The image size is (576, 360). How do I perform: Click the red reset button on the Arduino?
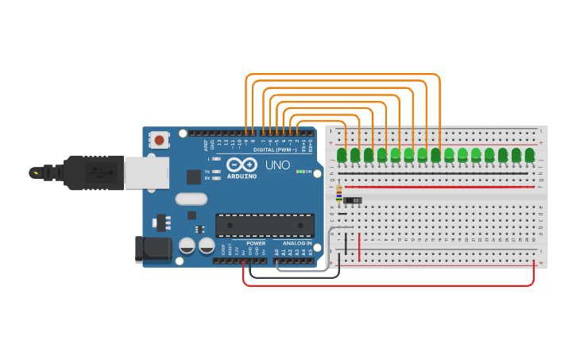[x=160, y=141]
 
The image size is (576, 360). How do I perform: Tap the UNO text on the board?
[x=277, y=165]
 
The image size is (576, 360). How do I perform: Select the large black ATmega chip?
[x=265, y=226]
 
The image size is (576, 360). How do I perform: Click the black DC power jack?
[x=153, y=249]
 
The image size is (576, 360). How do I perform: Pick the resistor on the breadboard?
[x=340, y=193]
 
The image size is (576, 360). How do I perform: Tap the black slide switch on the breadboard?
[x=353, y=200]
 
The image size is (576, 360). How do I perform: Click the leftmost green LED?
[x=342, y=155]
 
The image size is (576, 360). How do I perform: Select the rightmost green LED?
[x=530, y=154]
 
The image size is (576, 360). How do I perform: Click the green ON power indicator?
[x=300, y=171]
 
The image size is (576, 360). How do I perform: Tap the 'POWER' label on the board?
[x=255, y=243]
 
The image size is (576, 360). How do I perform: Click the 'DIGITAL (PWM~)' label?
[x=275, y=149]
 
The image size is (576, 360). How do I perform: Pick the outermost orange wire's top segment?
[x=342, y=75]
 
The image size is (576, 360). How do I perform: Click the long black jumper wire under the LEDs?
[x=433, y=173]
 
